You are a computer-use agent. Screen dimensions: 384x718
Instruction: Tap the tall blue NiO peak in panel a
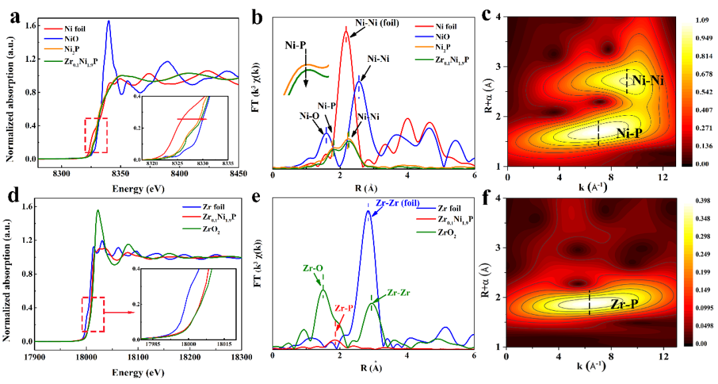coord(108,22)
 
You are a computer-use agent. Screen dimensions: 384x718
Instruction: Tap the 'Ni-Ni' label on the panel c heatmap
coord(649,81)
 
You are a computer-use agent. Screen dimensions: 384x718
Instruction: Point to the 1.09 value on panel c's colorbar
coord(701,20)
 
